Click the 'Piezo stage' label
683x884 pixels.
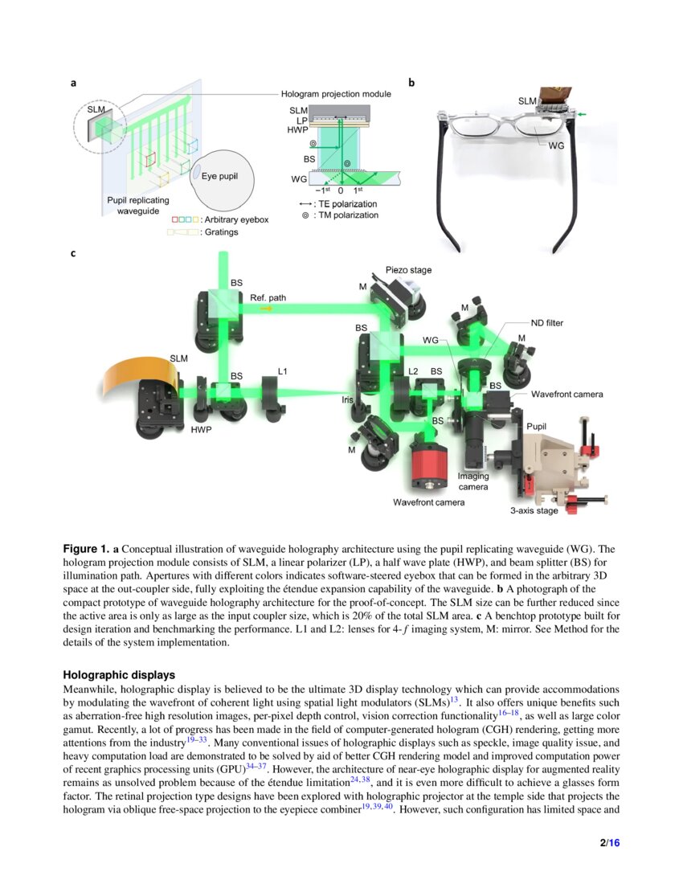pyautogui.click(x=409, y=271)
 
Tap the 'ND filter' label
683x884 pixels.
pyautogui.click(x=547, y=323)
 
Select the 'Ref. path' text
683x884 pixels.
pyautogui.click(x=268, y=297)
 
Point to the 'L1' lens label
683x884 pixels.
pyautogui.click(x=283, y=371)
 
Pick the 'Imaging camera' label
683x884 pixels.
pyautogui.click(x=473, y=481)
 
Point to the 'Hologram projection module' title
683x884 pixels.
pyautogui.click(x=336, y=94)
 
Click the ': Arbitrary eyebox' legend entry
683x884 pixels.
pyautogui.click(x=232, y=219)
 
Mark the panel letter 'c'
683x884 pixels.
pyautogui.click(x=73, y=253)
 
